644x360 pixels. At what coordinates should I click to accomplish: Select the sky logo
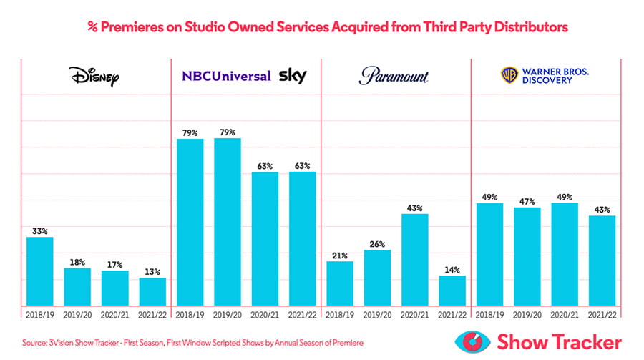[x=293, y=75]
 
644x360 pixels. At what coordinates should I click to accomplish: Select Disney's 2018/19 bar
[x=40, y=271]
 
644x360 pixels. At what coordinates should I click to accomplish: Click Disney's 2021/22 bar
[x=152, y=291]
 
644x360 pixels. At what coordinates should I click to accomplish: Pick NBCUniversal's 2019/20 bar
[x=228, y=221]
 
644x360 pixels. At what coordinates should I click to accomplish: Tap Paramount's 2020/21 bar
[x=414, y=258]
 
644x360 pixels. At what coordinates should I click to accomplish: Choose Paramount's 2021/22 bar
[x=452, y=290]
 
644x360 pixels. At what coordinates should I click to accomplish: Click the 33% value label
[x=40, y=231]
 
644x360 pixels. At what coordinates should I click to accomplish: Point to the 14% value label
[x=452, y=270]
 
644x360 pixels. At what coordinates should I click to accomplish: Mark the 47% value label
[x=527, y=201]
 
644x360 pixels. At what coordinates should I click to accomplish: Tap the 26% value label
[x=377, y=244]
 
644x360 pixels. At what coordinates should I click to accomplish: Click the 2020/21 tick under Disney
[x=115, y=315]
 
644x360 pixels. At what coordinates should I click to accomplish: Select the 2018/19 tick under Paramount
[x=340, y=315]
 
